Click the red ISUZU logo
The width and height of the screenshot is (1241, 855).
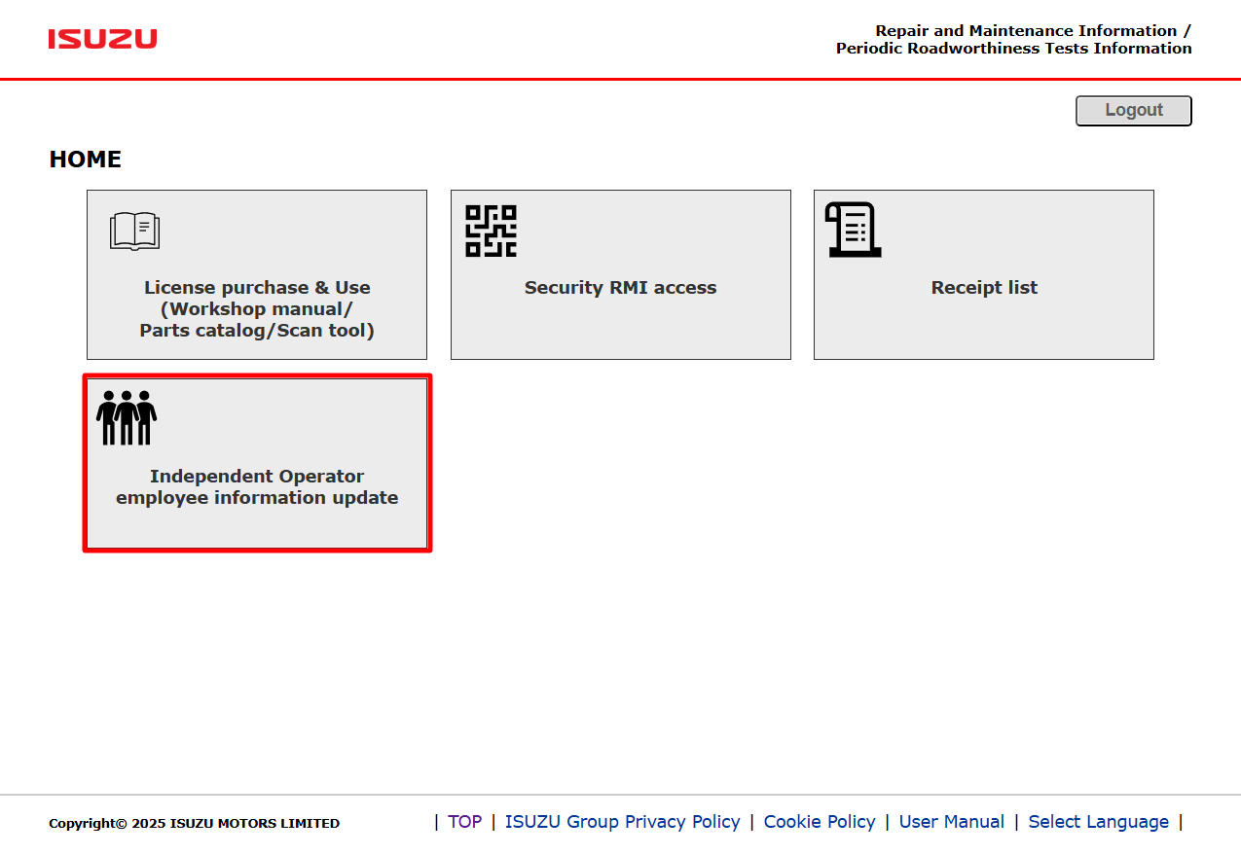(x=102, y=39)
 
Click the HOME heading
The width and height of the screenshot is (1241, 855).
(x=86, y=160)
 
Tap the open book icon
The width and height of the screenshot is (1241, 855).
(x=134, y=231)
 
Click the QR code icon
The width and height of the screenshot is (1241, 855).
(x=491, y=231)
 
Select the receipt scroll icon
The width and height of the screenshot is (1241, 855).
(x=854, y=230)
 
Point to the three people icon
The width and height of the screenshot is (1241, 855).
(x=127, y=417)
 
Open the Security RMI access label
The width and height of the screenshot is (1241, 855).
(x=621, y=287)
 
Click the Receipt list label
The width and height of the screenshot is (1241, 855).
(x=984, y=287)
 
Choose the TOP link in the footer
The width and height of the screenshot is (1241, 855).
(x=465, y=822)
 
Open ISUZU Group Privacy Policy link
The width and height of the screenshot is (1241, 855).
(x=622, y=822)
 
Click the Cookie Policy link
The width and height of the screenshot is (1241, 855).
(x=820, y=822)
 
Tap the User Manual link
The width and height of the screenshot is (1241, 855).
(x=951, y=822)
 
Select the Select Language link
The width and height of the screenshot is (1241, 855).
(x=1099, y=822)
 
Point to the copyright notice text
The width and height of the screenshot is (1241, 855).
(x=194, y=824)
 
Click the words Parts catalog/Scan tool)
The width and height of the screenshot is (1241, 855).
(x=257, y=331)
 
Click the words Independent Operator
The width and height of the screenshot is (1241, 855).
(x=257, y=477)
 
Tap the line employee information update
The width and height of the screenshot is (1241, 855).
(x=257, y=498)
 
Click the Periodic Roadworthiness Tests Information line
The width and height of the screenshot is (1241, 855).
(x=1014, y=49)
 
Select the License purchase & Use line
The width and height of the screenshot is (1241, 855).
(x=257, y=287)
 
